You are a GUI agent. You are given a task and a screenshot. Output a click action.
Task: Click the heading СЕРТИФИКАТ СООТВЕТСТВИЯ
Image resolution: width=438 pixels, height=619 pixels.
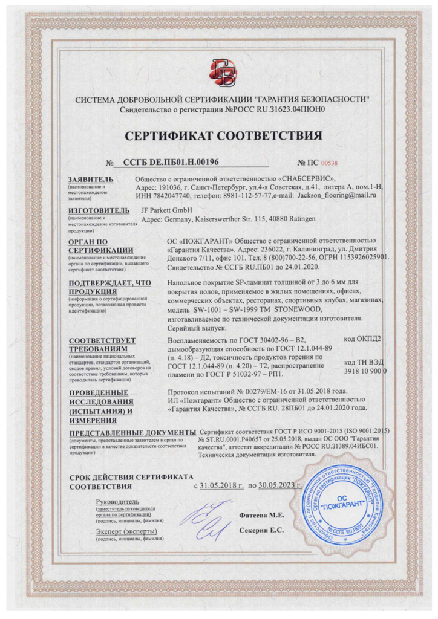pos(219,135)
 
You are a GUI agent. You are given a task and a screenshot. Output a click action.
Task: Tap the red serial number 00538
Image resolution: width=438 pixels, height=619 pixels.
pos(328,163)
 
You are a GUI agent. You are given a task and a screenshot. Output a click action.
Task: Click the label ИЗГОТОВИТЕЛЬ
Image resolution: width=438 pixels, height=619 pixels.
pos(99,210)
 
